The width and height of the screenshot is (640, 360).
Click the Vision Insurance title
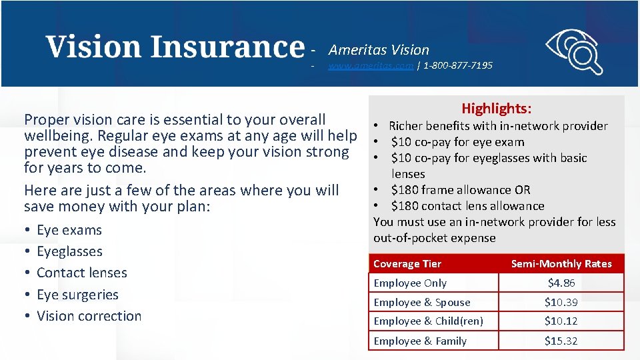coord(175,47)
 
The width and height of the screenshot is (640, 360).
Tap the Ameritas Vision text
coord(379,50)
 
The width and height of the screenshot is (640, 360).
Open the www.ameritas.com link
coord(371,65)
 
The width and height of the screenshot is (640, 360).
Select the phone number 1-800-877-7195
coord(458,65)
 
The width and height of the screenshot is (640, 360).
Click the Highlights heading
coord(497,109)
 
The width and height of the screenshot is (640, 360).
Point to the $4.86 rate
coord(561,283)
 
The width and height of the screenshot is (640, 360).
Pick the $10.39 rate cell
coord(561,302)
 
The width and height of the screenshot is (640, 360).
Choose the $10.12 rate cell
coord(561,321)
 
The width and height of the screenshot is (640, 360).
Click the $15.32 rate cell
coord(561,341)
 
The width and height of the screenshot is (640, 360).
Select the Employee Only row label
coord(410,283)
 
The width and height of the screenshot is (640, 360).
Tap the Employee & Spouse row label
coord(422,302)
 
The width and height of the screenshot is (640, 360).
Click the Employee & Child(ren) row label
coord(428,321)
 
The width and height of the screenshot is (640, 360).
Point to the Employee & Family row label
coord(420,341)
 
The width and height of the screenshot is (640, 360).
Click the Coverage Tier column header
coord(407,263)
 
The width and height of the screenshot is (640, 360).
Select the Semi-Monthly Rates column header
coord(561,263)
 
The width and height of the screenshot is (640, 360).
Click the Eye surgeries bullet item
coord(77,295)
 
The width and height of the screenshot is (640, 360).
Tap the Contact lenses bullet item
coord(81,273)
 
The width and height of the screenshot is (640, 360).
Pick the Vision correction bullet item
coord(89,316)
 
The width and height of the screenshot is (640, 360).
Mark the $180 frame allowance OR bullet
coord(461,190)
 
